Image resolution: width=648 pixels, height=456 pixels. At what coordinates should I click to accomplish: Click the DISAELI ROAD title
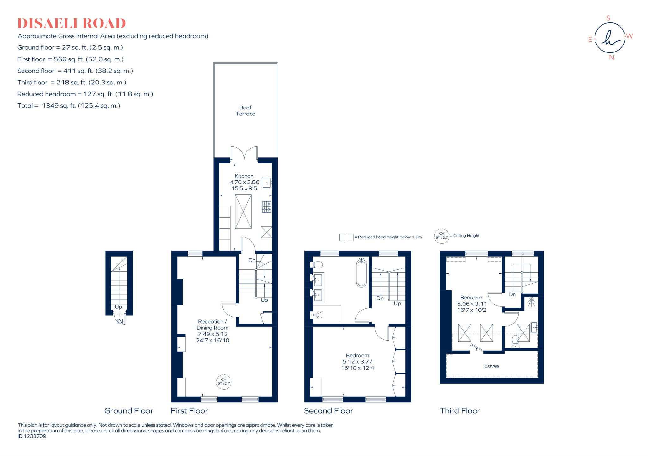[72, 23]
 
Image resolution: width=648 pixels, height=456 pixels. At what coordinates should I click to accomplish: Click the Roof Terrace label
[246, 111]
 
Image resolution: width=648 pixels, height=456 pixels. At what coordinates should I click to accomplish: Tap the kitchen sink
[266, 182]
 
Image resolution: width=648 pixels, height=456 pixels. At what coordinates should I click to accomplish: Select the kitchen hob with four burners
[266, 206]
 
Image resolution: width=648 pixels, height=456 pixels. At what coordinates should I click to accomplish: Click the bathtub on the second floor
[361, 273]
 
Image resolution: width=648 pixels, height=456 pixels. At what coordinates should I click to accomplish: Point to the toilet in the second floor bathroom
[317, 265]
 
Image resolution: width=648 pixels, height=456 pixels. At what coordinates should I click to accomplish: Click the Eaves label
[492, 366]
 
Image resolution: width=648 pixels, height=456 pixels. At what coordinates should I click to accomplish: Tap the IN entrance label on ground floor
[120, 321]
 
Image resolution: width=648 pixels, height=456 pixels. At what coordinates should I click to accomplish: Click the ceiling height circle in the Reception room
[224, 382]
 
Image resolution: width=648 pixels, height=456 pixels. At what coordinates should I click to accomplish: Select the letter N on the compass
[611, 58]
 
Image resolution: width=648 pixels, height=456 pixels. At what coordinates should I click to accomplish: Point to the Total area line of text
[69, 106]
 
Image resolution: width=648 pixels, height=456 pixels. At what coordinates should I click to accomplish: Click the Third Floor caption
[460, 411]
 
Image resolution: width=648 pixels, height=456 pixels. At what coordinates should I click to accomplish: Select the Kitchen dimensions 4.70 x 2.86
[244, 182]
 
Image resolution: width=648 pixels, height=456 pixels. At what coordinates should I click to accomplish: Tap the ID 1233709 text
[32, 436]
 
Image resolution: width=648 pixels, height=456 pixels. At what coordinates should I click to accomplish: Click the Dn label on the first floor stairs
[252, 260]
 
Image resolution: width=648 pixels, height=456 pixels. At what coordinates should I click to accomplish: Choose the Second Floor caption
[328, 411]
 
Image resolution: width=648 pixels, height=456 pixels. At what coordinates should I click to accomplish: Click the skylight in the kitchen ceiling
[243, 212]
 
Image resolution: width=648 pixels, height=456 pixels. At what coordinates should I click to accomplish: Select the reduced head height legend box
[346, 237]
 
